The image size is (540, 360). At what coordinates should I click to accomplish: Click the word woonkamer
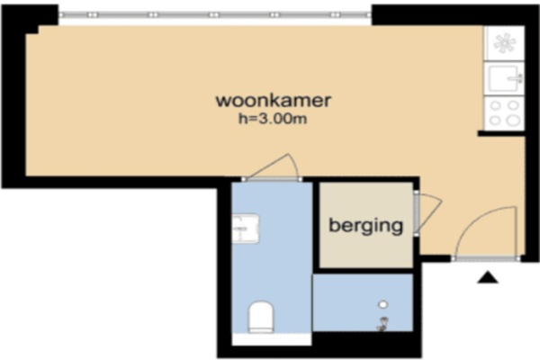click(x=273, y=101)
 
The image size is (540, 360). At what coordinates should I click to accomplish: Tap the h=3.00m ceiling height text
click(x=273, y=119)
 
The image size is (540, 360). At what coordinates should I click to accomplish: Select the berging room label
click(x=365, y=226)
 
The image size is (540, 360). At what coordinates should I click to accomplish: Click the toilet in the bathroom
click(x=261, y=317)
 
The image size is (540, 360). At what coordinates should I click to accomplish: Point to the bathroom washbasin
click(x=245, y=229)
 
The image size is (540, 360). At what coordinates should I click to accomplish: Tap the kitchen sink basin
click(x=504, y=79)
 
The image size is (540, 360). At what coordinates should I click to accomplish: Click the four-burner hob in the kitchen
click(x=504, y=113)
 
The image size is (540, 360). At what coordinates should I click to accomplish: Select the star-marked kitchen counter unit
click(x=504, y=43)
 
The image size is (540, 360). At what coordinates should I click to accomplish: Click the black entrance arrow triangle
click(x=488, y=277)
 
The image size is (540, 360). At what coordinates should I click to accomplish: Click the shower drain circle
click(x=383, y=304)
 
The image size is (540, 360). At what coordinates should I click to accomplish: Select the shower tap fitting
click(x=382, y=324)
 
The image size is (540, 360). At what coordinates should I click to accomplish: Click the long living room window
click(x=215, y=14)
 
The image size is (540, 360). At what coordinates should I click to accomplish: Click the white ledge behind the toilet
click(x=272, y=339)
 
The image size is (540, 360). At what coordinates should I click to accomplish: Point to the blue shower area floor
click(x=363, y=302)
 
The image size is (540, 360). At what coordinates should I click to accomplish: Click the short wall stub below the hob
click(x=501, y=134)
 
